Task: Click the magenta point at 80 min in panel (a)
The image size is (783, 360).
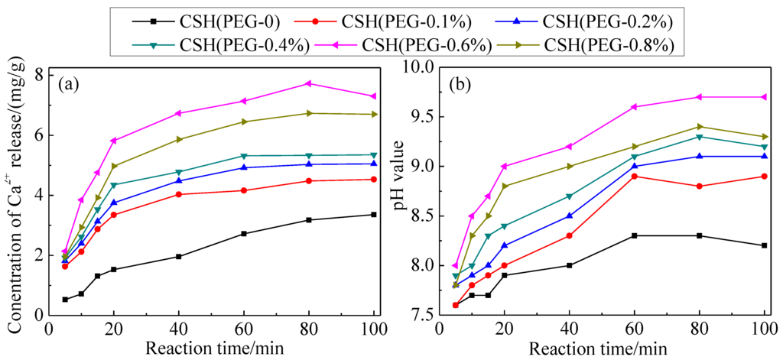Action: tap(308, 83)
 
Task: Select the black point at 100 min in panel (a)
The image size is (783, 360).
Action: tap(373, 215)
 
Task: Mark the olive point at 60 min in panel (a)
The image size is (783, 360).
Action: tap(244, 122)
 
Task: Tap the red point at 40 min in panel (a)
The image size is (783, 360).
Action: tap(179, 194)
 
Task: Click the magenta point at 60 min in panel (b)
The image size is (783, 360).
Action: tap(634, 107)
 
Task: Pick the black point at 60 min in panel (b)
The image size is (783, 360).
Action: tap(634, 235)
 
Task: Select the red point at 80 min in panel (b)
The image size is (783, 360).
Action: tap(699, 186)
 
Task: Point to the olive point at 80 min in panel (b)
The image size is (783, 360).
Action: tap(699, 127)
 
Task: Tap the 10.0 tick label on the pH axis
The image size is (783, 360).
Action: tap(416, 68)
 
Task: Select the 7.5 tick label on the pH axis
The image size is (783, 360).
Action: tap(420, 315)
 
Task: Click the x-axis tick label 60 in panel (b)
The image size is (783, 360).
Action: tap(634, 329)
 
